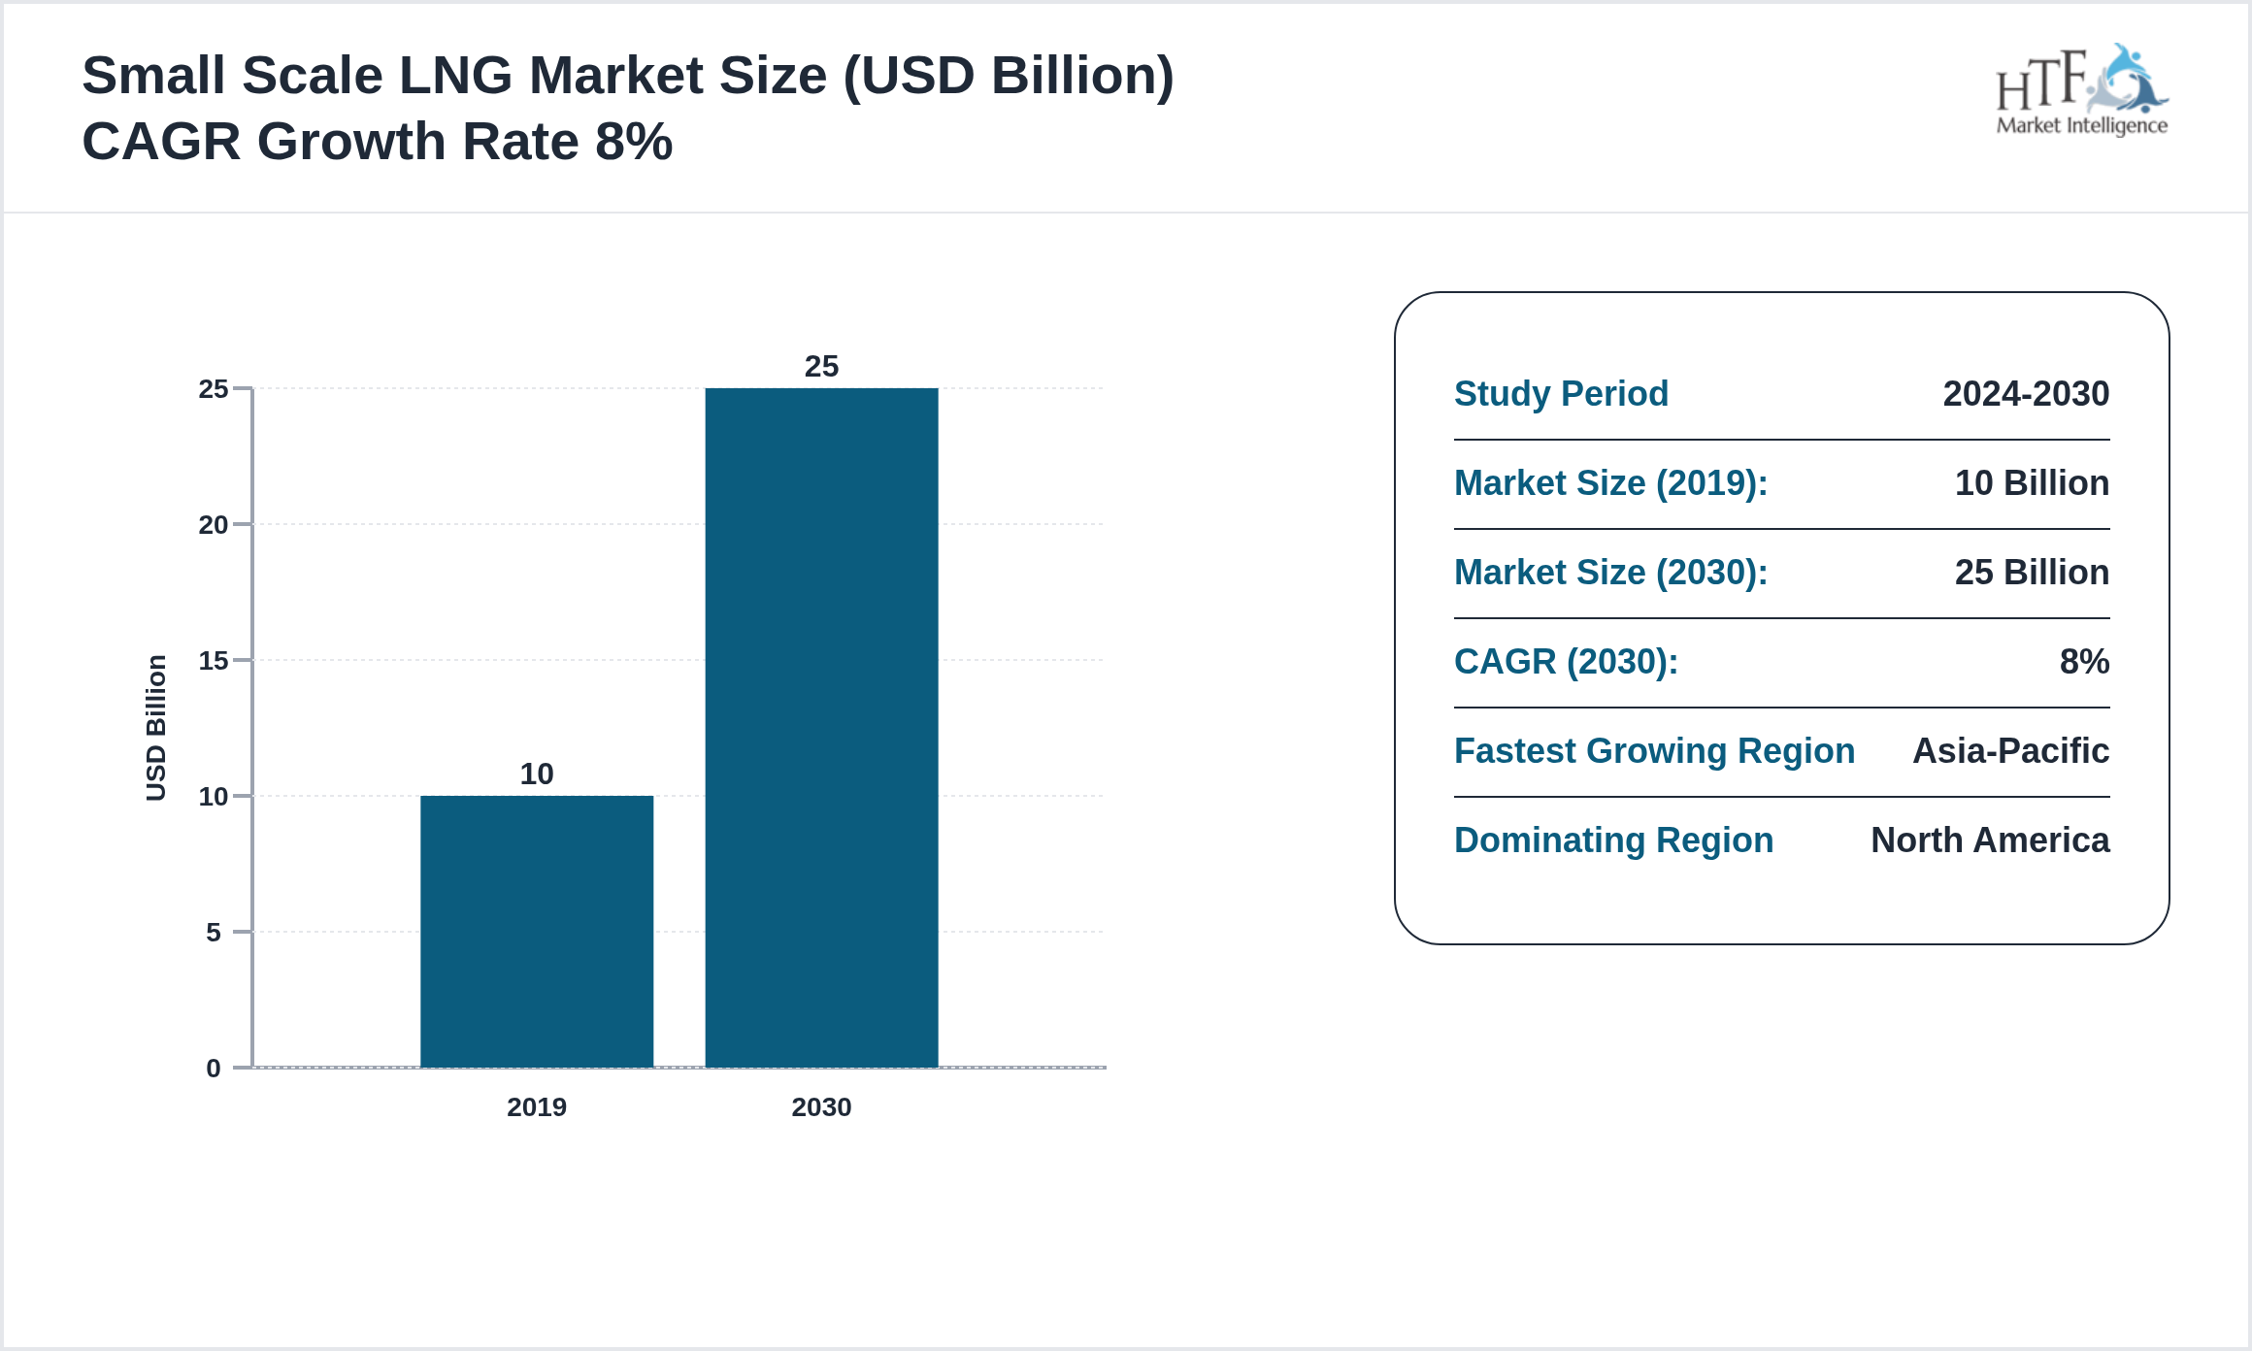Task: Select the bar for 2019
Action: coord(537,932)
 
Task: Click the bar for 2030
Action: coord(821,728)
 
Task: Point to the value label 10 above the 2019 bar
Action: coord(537,774)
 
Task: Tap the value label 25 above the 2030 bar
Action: coord(821,366)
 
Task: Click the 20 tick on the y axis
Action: coord(214,525)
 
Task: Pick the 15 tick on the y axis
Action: coord(214,661)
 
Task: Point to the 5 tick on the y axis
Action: coord(214,933)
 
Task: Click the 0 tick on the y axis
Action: coord(214,1069)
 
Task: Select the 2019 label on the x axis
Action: coord(537,1107)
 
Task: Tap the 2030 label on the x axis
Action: coord(821,1107)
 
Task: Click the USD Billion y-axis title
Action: coord(156,728)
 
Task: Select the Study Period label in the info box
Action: coord(1561,394)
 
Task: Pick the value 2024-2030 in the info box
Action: coord(2026,394)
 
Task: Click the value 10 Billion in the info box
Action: coord(2032,483)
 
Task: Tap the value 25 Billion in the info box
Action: coord(2032,573)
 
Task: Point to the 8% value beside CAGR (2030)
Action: coord(2084,662)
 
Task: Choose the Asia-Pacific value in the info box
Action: coord(2010,751)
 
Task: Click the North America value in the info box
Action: coord(1990,840)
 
